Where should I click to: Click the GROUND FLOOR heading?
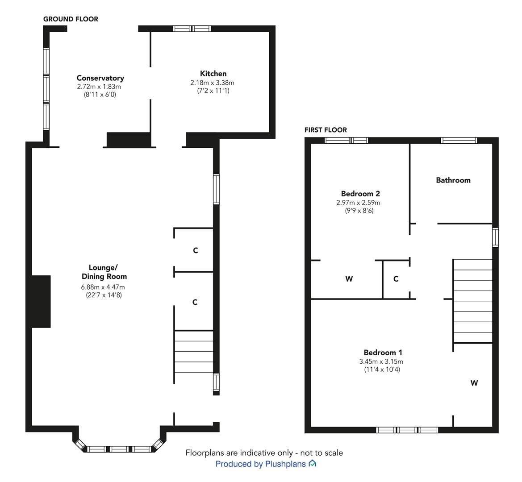click(x=71, y=19)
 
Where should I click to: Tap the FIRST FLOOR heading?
click(x=326, y=130)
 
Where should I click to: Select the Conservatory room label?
click(x=100, y=78)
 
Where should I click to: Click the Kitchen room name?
click(x=213, y=74)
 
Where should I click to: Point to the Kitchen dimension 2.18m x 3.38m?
click(x=213, y=83)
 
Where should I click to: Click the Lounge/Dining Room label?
click(x=104, y=272)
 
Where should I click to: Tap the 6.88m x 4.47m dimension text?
click(x=103, y=287)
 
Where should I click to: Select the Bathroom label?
click(x=453, y=180)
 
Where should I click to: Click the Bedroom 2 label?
click(x=360, y=194)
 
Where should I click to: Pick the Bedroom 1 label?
click(x=383, y=353)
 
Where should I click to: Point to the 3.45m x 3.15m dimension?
click(x=381, y=361)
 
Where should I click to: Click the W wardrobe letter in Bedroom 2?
click(x=349, y=279)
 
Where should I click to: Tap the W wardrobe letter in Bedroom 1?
click(x=474, y=383)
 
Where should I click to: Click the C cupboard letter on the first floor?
click(x=396, y=279)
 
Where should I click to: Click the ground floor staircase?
click(x=193, y=352)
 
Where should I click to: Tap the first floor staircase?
click(x=472, y=301)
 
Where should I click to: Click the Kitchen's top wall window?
click(x=192, y=29)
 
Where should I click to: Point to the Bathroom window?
click(x=459, y=141)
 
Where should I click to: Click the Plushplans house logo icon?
click(x=312, y=463)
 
